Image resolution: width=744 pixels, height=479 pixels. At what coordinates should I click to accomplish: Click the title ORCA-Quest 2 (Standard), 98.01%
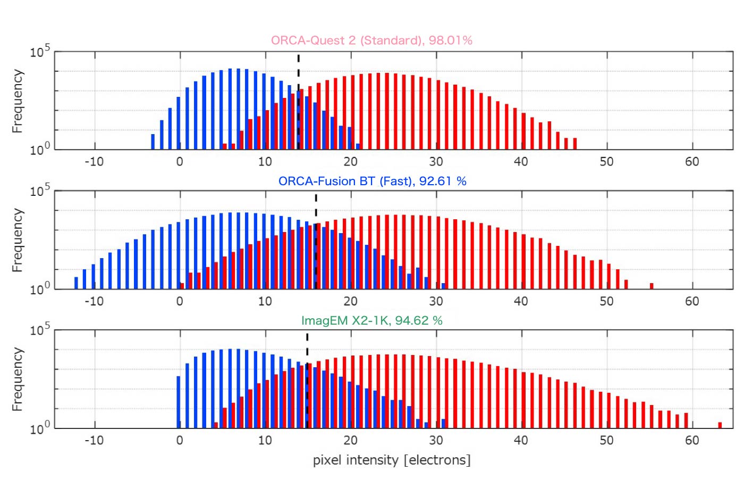pyautogui.click(x=371, y=40)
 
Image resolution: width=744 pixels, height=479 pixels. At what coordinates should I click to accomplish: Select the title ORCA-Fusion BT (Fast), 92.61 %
pyautogui.click(x=372, y=181)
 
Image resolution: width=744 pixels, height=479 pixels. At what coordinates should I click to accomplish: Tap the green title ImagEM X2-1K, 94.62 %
pyautogui.click(x=371, y=320)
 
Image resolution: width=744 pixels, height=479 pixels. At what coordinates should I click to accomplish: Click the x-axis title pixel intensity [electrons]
pyautogui.click(x=392, y=460)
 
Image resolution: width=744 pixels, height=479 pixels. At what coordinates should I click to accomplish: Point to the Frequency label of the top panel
pyautogui.click(x=18, y=101)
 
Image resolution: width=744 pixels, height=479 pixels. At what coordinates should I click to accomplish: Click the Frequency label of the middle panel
pyautogui.click(x=18, y=240)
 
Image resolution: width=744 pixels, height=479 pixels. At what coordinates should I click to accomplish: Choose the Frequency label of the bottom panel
pyautogui.click(x=18, y=379)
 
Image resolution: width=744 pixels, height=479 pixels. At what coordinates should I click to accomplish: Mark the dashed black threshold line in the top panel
pyautogui.click(x=299, y=101)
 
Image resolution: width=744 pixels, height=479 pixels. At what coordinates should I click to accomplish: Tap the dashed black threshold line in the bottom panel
pyautogui.click(x=307, y=381)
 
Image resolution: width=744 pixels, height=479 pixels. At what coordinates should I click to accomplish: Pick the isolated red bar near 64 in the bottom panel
pyautogui.click(x=720, y=425)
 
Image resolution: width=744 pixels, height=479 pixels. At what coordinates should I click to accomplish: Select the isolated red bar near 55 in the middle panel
pyautogui.click(x=652, y=286)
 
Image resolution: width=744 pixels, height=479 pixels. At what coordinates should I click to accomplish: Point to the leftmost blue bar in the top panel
pyautogui.click(x=153, y=142)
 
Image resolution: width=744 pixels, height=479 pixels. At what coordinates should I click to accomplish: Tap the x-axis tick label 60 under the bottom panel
pyautogui.click(x=692, y=440)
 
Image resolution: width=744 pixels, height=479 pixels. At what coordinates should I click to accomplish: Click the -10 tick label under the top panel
pyautogui.click(x=94, y=162)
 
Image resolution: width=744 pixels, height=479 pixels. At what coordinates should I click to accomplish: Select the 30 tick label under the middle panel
pyautogui.click(x=436, y=301)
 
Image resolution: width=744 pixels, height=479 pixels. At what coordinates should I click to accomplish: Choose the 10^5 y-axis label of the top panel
pyautogui.click(x=39, y=52)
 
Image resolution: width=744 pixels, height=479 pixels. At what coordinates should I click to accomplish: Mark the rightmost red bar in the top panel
pyautogui.click(x=575, y=143)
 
